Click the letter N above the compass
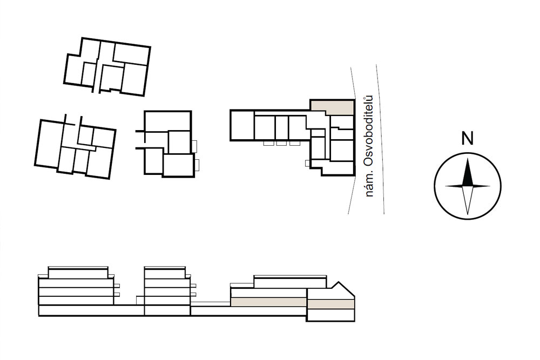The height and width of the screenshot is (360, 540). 467,138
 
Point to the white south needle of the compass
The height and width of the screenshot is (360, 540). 467,200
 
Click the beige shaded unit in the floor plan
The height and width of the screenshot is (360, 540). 333,107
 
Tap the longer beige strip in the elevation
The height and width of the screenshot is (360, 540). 268,302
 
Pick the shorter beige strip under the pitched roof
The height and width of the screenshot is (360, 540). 330,304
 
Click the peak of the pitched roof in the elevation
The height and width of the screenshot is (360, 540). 340,282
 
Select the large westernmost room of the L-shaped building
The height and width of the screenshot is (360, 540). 242,125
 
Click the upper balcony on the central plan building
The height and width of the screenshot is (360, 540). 194,146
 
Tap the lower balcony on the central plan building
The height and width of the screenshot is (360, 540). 197,165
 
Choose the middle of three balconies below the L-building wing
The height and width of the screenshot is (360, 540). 281,143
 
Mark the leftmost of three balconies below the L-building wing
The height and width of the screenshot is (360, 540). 268,143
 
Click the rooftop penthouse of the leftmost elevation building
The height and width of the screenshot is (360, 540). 78,273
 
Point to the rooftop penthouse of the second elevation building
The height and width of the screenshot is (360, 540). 165,273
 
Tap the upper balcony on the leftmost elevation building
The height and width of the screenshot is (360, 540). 117,286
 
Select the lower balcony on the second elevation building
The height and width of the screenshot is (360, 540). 193,294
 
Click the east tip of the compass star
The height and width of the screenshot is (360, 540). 490,186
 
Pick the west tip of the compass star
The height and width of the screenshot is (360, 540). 446,186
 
